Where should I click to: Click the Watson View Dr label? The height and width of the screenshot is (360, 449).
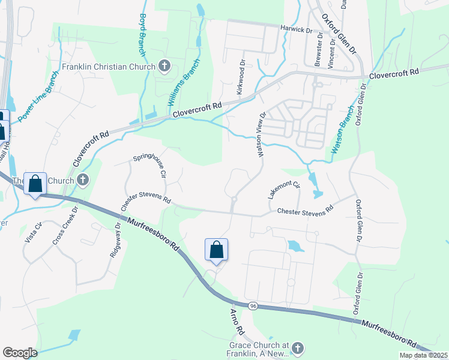point(262,135)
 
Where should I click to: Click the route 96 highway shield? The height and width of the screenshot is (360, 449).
point(253,306)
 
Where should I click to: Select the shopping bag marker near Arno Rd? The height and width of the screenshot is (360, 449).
point(216,250)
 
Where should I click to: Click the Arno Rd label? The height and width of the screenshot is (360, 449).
point(237,322)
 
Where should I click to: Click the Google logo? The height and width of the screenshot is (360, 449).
point(20,353)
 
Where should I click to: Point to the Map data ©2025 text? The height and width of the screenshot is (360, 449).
point(423,355)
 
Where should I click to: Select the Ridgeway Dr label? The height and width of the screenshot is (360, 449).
point(115,240)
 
